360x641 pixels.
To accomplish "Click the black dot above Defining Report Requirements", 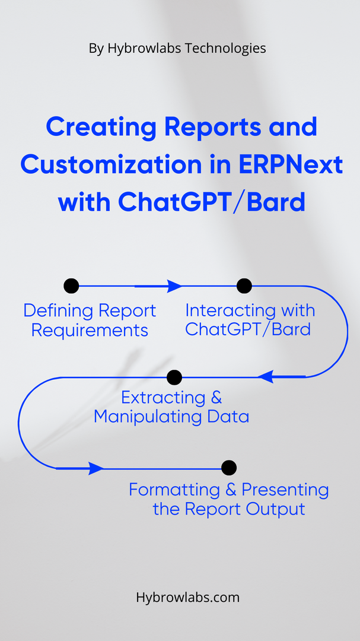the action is click(x=71, y=285).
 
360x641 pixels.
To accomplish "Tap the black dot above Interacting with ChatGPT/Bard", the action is click(x=244, y=285).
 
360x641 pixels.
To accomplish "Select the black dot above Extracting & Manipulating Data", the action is click(x=174, y=377).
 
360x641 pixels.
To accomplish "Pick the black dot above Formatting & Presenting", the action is click(x=229, y=468).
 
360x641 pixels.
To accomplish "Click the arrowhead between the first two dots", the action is click(x=174, y=286).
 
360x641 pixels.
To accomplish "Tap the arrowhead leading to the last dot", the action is click(x=96, y=468).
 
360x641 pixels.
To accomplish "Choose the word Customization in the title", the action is click(x=108, y=165).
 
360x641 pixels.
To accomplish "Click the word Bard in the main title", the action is click(x=276, y=203).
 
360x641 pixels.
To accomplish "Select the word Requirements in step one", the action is click(x=90, y=331).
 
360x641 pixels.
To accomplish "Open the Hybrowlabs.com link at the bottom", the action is click(x=187, y=597).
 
